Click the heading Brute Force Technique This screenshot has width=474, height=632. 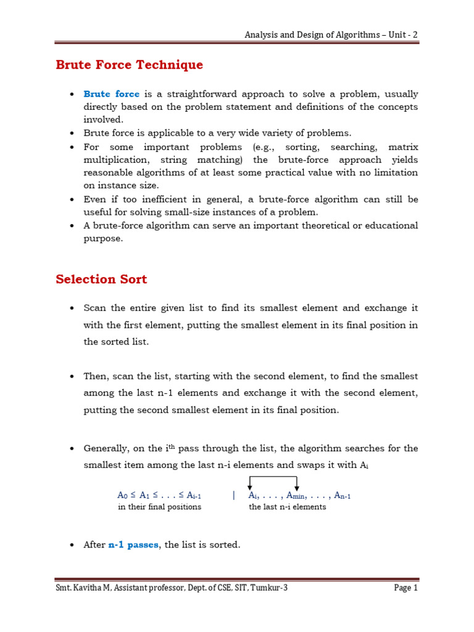coord(129,65)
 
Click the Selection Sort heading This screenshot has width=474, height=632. coord(101,279)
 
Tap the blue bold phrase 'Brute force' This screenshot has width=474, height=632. coord(111,94)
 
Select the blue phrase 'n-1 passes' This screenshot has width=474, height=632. coord(133,545)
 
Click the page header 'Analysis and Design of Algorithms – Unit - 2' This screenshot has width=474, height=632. coord(331,35)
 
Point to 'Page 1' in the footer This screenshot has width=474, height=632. coord(406,588)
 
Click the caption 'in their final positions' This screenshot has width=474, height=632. coord(159,507)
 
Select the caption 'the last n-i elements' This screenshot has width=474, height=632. coord(288,507)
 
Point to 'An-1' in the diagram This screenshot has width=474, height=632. coord(343,495)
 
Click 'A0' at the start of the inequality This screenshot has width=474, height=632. coord(122,495)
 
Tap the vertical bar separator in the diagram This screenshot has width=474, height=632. coord(234,495)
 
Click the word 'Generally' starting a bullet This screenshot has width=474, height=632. coord(106,448)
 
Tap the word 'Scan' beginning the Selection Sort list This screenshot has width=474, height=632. coord(95,307)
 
